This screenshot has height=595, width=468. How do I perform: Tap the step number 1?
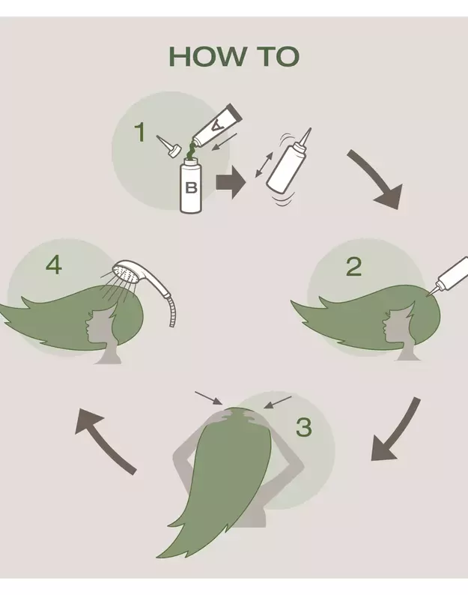(x=140, y=133)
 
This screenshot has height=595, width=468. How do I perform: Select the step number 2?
(x=354, y=267)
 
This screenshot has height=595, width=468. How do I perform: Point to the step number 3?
(x=304, y=427)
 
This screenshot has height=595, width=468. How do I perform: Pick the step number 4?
(x=53, y=265)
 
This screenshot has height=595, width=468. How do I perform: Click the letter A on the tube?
(x=216, y=126)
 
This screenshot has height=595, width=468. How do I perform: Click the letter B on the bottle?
(x=192, y=187)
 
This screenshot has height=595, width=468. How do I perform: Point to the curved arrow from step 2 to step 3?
(x=399, y=432)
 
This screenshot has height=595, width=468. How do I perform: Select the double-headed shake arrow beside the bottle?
(x=264, y=165)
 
